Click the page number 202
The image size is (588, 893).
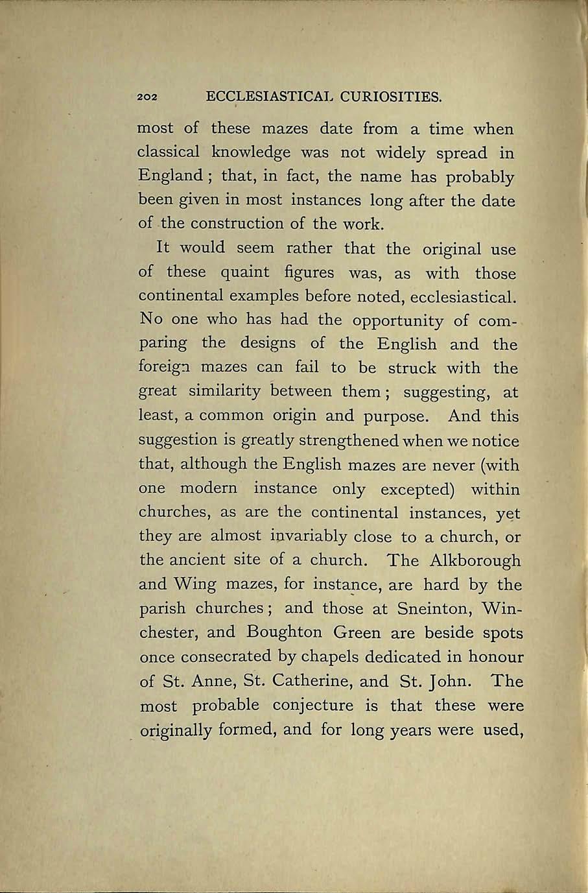[x=148, y=99]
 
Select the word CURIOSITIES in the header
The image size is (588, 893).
[x=391, y=98]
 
